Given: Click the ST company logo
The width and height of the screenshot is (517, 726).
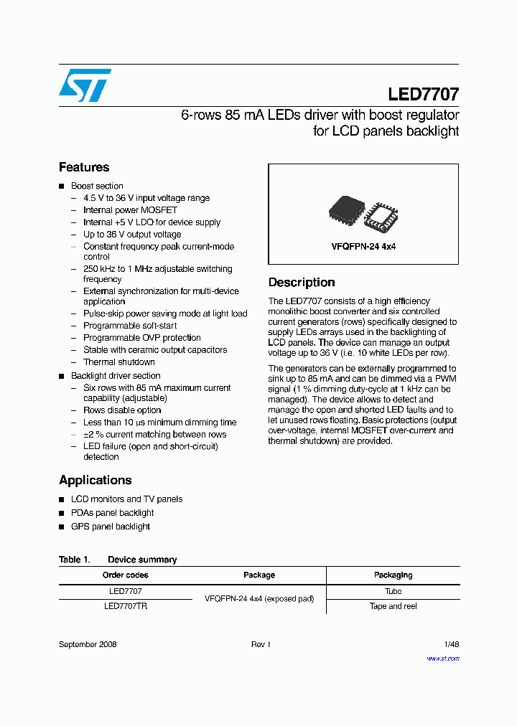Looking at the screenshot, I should pos(85,85).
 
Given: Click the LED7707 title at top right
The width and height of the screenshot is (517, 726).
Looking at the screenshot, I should pos(423,94).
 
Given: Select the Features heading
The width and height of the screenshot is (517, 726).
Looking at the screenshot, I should pos(84,167).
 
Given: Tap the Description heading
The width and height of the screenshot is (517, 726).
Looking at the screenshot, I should pos(302,283).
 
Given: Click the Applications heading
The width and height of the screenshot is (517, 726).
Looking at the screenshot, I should pos(95,480).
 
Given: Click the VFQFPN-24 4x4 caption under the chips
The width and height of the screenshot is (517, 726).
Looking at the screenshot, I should pos(363,246).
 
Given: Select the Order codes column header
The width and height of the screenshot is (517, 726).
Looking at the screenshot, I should pos(126,575).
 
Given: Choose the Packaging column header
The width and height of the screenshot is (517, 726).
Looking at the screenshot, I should pos(393,575).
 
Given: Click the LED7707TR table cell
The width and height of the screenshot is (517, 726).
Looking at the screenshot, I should pos(126,606).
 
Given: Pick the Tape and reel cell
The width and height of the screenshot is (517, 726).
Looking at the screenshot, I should pos(393,606).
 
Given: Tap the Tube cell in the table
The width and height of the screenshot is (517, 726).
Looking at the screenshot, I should pos(393,591).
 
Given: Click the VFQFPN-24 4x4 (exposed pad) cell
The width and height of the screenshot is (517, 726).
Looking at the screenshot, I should pos(259,598).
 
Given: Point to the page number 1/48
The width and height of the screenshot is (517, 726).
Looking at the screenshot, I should pos(452,644).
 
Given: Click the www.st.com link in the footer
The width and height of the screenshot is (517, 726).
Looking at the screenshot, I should pos(443,658).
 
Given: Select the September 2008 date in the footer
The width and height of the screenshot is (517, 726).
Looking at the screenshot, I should pos(88,644).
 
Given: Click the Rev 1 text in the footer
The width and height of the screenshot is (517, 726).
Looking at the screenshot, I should pos(260,644).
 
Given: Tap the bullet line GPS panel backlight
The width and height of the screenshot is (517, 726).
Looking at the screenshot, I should pos(111,527).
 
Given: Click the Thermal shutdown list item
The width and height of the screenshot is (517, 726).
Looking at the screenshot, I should pos(119,362).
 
